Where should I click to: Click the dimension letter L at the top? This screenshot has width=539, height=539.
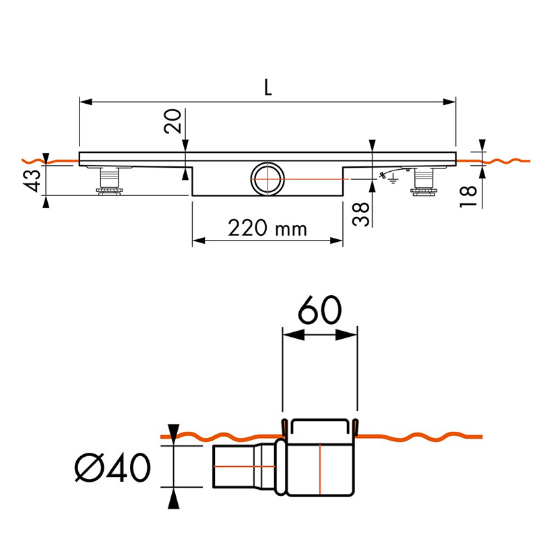(x=268, y=87)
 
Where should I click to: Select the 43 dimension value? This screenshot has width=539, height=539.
(x=35, y=179)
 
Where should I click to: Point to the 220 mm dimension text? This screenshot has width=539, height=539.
(x=267, y=229)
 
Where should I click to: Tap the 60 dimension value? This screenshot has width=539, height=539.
(x=319, y=311)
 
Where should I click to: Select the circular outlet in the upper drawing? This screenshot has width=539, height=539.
(x=269, y=179)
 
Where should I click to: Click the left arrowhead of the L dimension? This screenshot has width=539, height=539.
(x=85, y=102)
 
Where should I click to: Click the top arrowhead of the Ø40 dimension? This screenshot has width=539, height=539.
(x=174, y=431)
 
